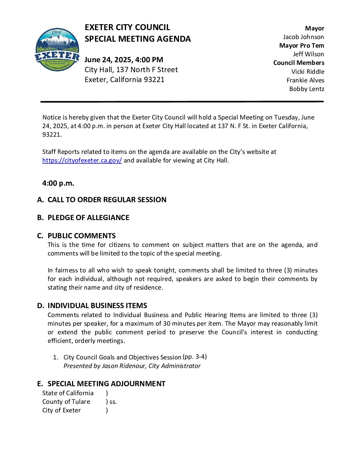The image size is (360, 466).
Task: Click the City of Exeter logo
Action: coord(57,50)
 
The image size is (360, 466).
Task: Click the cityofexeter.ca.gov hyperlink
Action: coord(82,161)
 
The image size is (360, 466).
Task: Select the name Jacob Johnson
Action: coord(303,37)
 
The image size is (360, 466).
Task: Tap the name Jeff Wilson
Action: coord(308,54)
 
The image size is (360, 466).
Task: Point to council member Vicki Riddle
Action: coord(308,72)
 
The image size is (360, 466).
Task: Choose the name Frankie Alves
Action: coord(305,80)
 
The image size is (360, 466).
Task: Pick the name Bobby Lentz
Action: coord(307,89)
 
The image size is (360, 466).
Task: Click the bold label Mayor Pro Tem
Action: coord(301,46)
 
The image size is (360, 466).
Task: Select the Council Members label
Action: coord(298,63)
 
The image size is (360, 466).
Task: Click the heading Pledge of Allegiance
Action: coord(88,218)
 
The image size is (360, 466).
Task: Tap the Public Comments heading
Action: coord(81,236)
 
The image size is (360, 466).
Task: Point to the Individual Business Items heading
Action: coord(97,306)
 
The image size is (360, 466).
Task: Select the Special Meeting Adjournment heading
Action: coord(106,384)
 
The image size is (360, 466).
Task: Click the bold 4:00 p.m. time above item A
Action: coord(58,183)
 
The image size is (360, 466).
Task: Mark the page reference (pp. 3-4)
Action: coord(195,357)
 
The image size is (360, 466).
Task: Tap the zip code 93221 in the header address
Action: coord(154,80)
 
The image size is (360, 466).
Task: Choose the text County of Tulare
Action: coord(66,402)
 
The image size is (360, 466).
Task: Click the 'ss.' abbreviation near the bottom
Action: coord(113,402)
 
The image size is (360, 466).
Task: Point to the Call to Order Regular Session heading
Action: coord(107,200)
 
